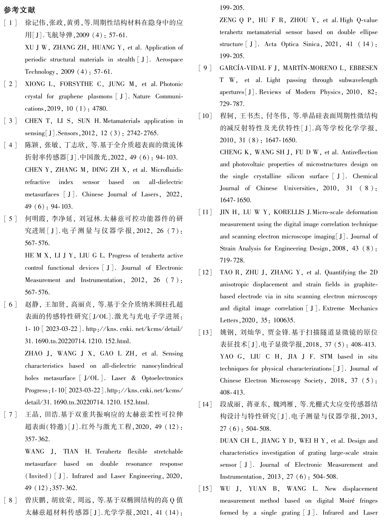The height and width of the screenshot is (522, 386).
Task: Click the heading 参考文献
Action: point(19,10)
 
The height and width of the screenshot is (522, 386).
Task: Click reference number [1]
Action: point(11,23)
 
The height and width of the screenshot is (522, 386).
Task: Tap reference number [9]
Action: point(205,68)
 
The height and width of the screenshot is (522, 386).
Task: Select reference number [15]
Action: point(205,489)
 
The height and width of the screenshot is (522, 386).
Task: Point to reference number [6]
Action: point(11,304)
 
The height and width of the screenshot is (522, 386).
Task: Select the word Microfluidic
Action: point(167,170)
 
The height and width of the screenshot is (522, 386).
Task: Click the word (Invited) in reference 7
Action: point(38,476)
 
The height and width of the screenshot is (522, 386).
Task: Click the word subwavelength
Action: point(358,80)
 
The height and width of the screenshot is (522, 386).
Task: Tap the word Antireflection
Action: point(360,152)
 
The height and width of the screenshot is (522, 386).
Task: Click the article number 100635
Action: point(284,320)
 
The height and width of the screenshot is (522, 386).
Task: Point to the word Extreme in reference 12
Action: point(334,308)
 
